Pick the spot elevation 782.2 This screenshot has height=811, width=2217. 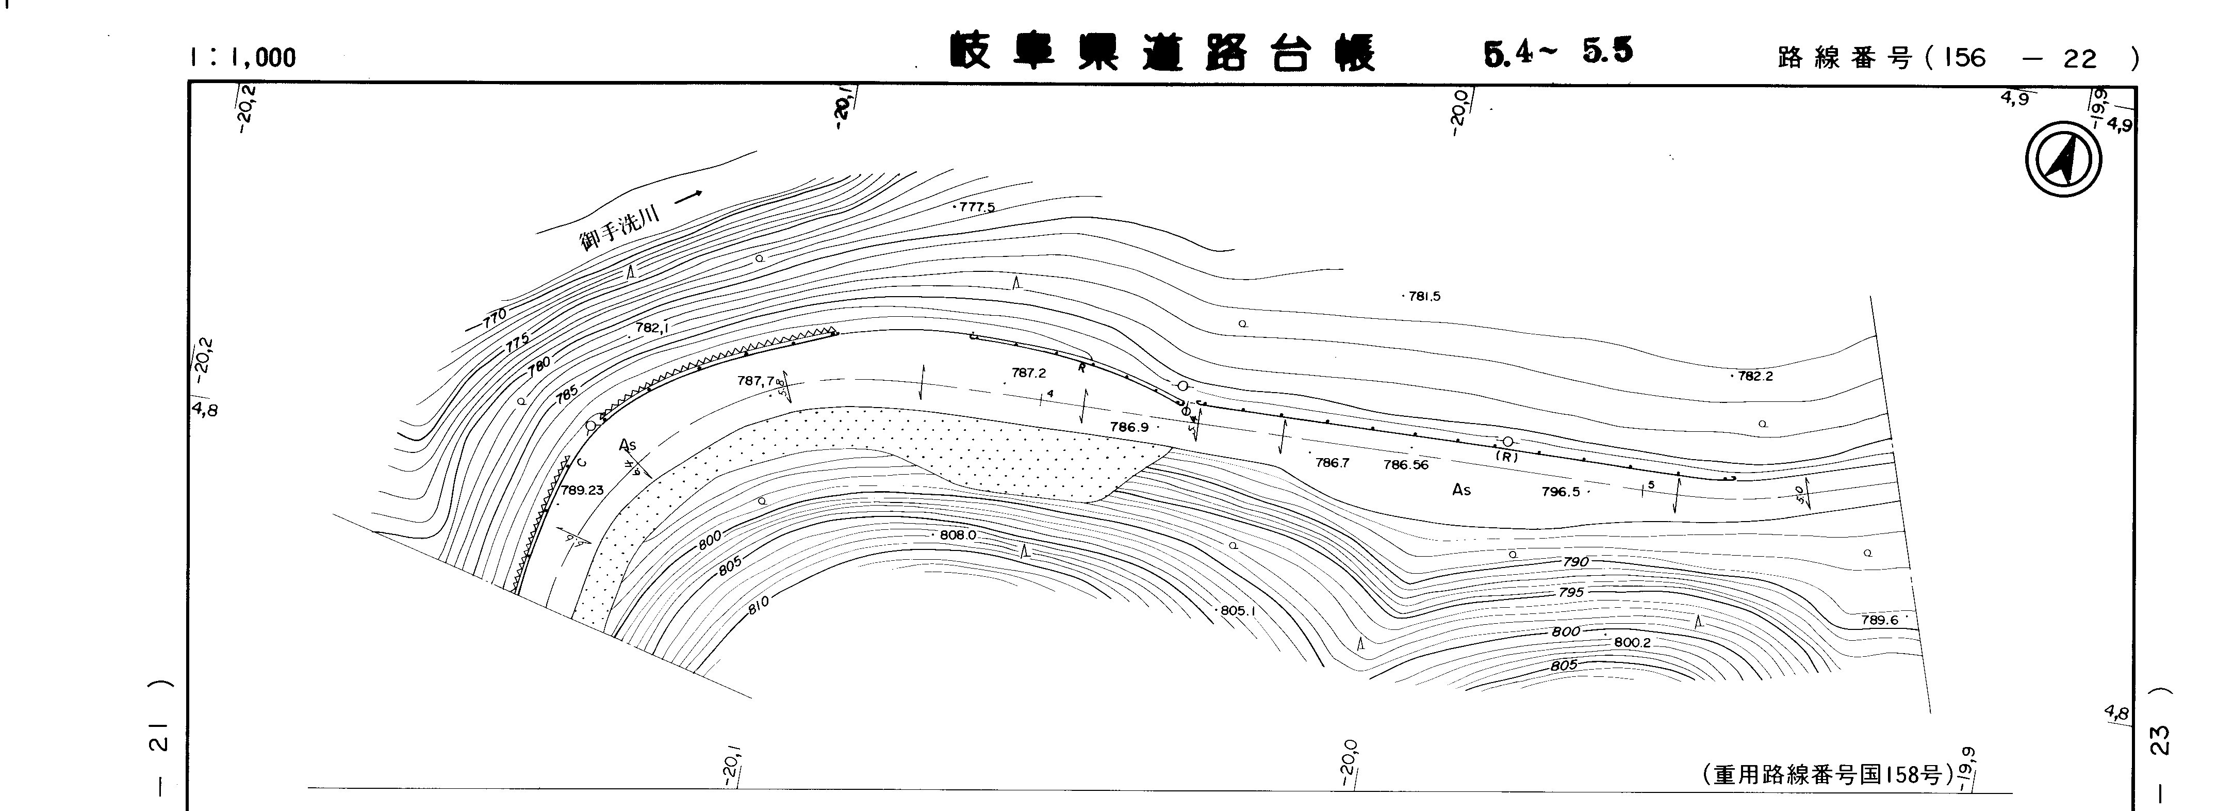pos(1754,376)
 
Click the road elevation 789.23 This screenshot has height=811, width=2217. pos(582,491)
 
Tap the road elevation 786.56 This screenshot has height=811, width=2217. pos(1405,465)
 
